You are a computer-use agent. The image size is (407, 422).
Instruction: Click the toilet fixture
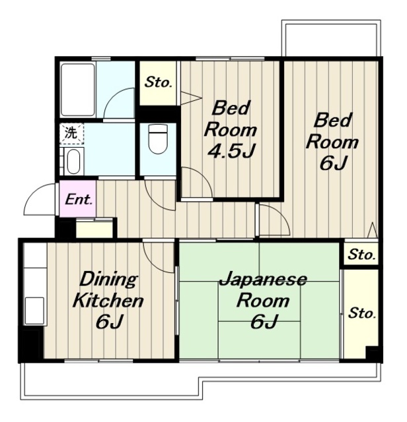[159, 139]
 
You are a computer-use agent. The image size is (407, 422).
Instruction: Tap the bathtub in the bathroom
[78, 90]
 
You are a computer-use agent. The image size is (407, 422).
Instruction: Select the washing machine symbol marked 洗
[72, 133]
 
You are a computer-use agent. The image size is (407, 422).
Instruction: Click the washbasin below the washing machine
[73, 162]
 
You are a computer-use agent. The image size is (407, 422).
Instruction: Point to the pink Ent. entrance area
[78, 198]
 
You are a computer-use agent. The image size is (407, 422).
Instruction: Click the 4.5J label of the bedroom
[231, 150]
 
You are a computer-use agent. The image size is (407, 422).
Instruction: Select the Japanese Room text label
[263, 290]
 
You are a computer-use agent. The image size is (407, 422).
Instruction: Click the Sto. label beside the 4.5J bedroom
[158, 82]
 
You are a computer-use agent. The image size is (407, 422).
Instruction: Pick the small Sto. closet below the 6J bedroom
[361, 253]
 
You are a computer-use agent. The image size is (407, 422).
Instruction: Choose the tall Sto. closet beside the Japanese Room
[361, 314]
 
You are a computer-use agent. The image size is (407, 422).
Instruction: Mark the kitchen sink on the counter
[34, 311]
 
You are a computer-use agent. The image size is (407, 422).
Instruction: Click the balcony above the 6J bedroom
[331, 38]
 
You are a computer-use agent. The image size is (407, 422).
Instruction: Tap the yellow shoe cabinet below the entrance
[94, 229]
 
